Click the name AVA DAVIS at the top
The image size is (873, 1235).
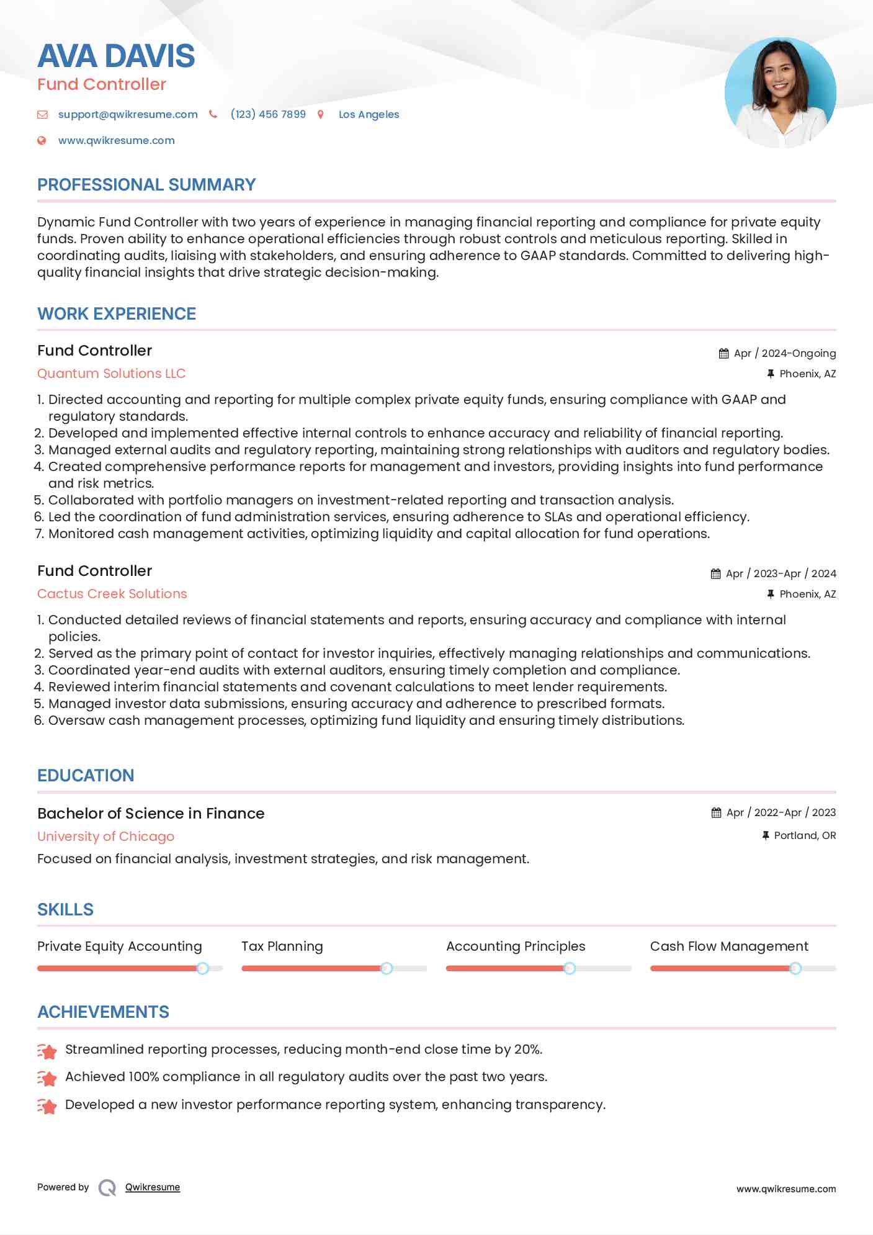pyautogui.click(x=116, y=56)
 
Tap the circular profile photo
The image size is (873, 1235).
pyautogui.click(x=780, y=92)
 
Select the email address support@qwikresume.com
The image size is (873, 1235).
pyautogui.click(x=128, y=114)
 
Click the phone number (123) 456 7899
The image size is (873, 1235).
pyautogui.click(x=268, y=114)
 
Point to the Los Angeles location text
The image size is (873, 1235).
pyautogui.click(x=369, y=114)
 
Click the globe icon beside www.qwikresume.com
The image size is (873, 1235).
pyautogui.click(x=42, y=140)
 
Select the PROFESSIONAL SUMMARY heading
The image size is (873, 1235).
pyautogui.click(x=146, y=185)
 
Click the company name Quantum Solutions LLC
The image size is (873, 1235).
pyautogui.click(x=112, y=374)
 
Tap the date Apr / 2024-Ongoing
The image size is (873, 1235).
pyautogui.click(x=784, y=353)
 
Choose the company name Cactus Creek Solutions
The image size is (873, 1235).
pyautogui.click(x=112, y=594)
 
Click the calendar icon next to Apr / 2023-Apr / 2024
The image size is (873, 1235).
pyautogui.click(x=716, y=573)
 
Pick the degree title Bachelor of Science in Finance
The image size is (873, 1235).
pyautogui.click(x=151, y=814)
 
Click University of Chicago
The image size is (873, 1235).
pyautogui.click(x=105, y=837)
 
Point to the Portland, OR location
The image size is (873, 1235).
pyautogui.click(x=805, y=835)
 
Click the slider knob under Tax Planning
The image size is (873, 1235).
pyautogui.click(x=387, y=968)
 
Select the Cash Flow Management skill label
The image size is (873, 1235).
pyautogui.click(x=729, y=946)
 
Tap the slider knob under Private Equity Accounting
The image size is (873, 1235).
pyautogui.click(x=202, y=968)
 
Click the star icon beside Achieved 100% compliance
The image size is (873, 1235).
pyautogui.click(x=47, y=1079)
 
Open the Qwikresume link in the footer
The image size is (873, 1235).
pyautogui.click(x=153, y=1187)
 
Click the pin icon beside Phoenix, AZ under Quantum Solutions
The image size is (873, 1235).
pyautogui.click(x=771, y=374)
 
